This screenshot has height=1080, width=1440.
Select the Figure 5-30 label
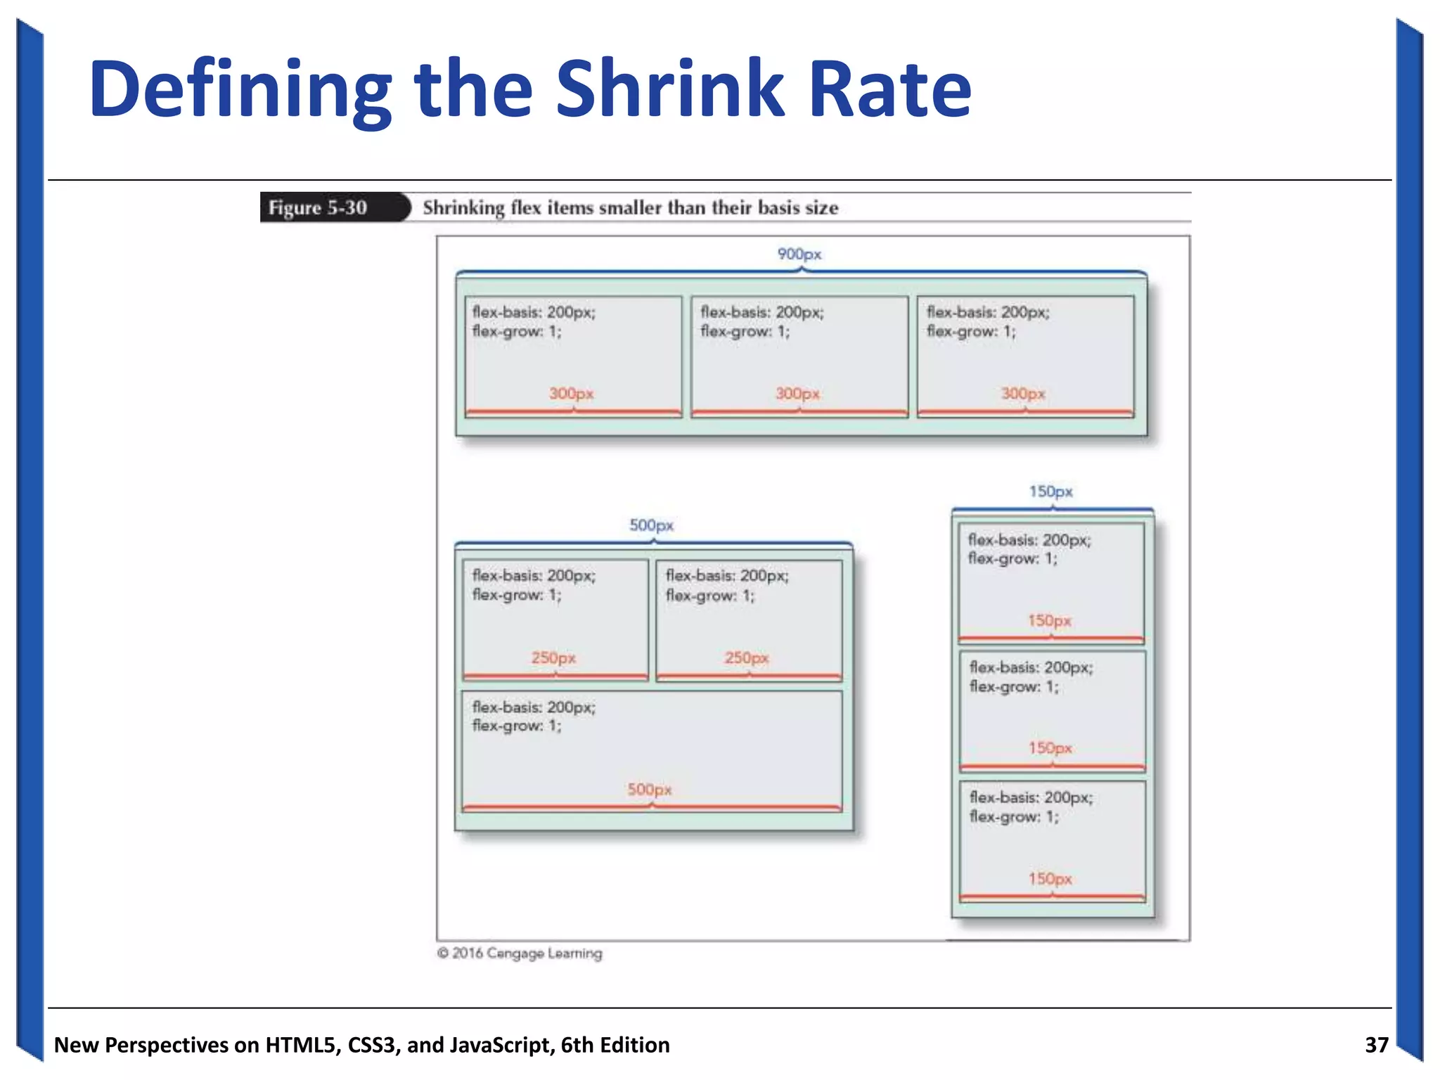click(318, 208)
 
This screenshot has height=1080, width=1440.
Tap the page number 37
click(1376, 1045)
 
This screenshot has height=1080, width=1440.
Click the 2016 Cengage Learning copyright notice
click(520, 953)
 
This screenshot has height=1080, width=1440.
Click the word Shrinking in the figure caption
click(463, 208)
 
